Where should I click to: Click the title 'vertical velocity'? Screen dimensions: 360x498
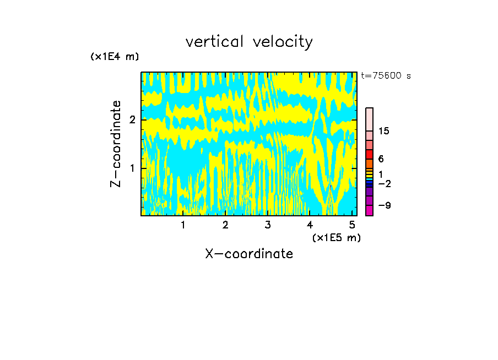(249, 42)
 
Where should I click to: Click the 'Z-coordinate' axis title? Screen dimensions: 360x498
(116, 144)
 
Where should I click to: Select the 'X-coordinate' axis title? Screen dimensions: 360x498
(249, 254)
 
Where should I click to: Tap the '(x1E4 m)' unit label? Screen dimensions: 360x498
(115, 57)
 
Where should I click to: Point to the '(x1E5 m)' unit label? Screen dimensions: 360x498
(336, 237)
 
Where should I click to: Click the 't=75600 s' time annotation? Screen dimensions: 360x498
(386, 76)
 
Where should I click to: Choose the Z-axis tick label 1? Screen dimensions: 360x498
(132, 168)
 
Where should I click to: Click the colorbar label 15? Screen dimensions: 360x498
(384, 131)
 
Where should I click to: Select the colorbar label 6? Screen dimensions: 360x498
(381, 159)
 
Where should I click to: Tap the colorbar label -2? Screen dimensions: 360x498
(384, 183)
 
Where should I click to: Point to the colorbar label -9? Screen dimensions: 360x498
(384, 205)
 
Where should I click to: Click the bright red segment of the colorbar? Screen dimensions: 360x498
(370, 154)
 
